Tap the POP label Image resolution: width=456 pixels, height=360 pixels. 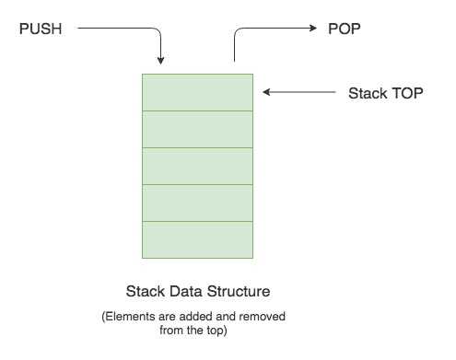345,29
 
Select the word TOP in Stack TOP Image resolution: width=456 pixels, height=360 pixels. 405,94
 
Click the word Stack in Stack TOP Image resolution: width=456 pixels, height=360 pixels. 367,94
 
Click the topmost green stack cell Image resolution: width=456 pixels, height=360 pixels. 197,92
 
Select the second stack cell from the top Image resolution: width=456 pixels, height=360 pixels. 197,129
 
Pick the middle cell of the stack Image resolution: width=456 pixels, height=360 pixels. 197,166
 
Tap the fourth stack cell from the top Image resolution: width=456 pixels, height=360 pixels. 197,203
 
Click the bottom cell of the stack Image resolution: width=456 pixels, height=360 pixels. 197,239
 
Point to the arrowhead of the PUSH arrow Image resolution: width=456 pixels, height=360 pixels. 161,61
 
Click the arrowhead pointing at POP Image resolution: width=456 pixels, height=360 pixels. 314,29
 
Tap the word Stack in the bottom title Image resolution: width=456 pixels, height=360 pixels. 145,292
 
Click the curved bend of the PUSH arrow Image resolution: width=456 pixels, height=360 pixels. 158,33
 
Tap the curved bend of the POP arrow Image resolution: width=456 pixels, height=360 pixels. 239,33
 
